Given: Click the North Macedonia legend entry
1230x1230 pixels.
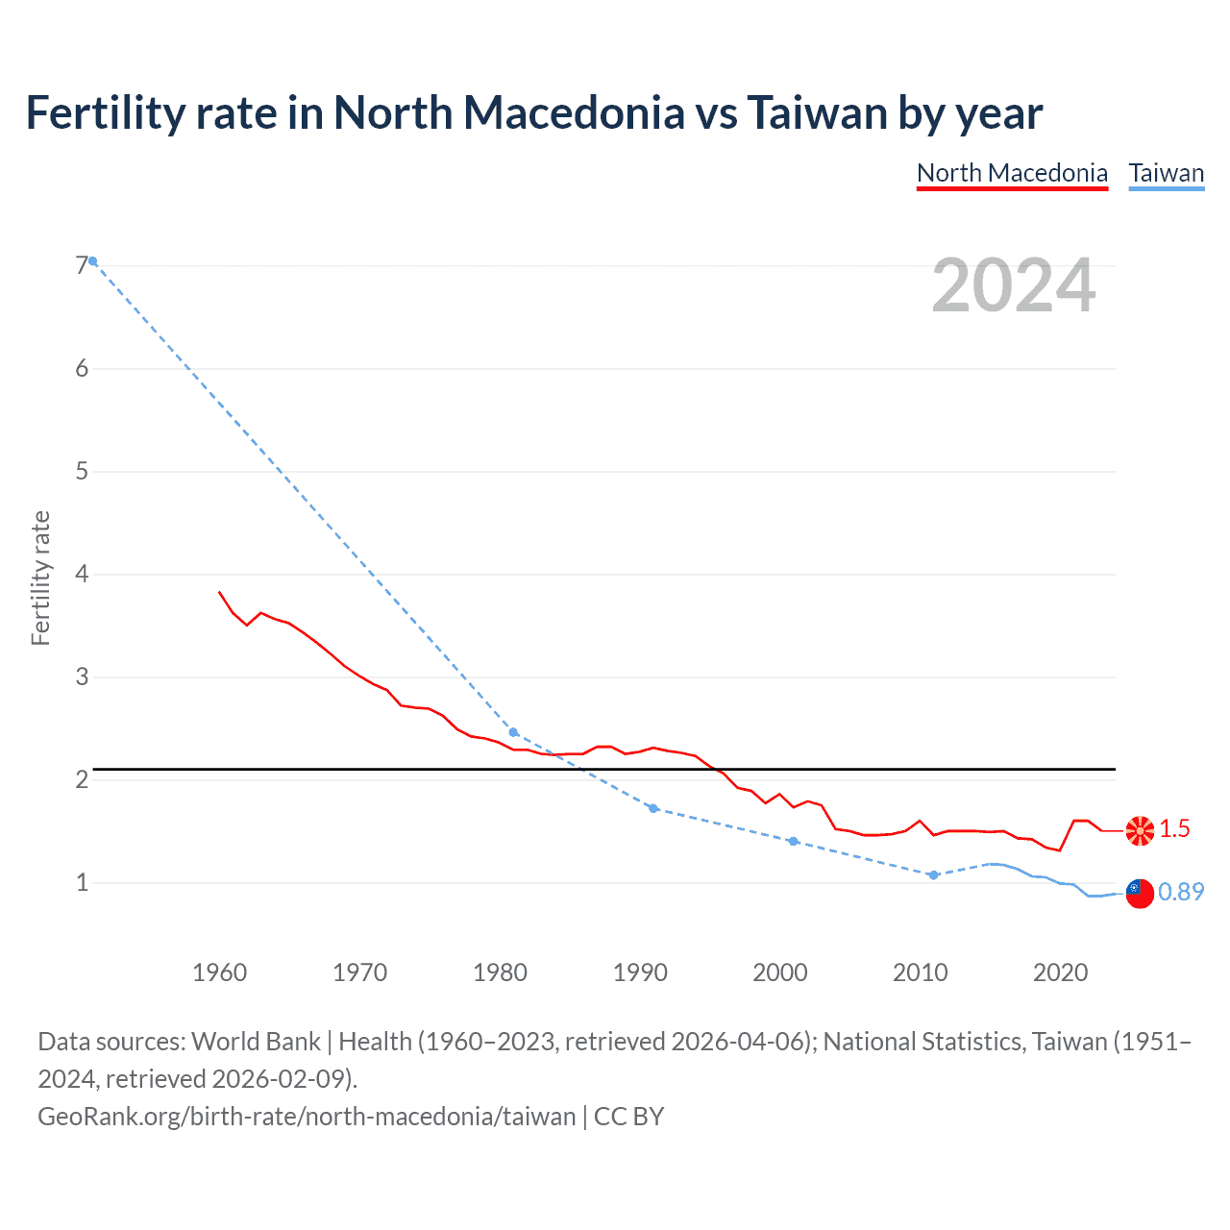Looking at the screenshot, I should [x=1012, y=173].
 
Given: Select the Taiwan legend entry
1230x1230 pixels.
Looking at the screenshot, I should [x=1166, y=173].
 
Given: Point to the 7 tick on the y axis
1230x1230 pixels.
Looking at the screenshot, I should [x=82, y=265].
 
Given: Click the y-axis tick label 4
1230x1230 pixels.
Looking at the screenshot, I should [x=82, y=574].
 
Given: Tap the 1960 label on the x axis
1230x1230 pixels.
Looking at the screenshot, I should [x=219, y=972].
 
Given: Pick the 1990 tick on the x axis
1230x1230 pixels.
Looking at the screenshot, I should [x=640, y=972].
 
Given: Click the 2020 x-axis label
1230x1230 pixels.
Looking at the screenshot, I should [x=1060, y=972].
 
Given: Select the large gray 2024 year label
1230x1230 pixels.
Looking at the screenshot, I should [x=1013, y=285].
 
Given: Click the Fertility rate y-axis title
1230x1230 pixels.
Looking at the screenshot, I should [x=40, y=578].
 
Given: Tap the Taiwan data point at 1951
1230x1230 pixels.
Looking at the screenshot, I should [x=92, y=261].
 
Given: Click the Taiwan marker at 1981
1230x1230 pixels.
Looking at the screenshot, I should [x=513, y=732].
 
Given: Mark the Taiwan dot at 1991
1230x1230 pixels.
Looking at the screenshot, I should [x=653, y=808].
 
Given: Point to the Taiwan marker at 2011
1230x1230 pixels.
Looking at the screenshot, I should [x=933, y=874].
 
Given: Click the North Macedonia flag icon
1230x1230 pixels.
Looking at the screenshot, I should [x=1140, y=830].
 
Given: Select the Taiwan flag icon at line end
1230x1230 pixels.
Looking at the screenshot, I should [x=1140, y=893].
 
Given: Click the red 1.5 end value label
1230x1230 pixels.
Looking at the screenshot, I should [x=1174, y=828].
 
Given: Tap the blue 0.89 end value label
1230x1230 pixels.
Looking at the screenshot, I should [x=1181, y=892].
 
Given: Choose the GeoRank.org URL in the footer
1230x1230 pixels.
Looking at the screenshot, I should [x=307, y=1116].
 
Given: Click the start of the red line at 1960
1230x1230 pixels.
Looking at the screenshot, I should [x=220, y=592].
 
